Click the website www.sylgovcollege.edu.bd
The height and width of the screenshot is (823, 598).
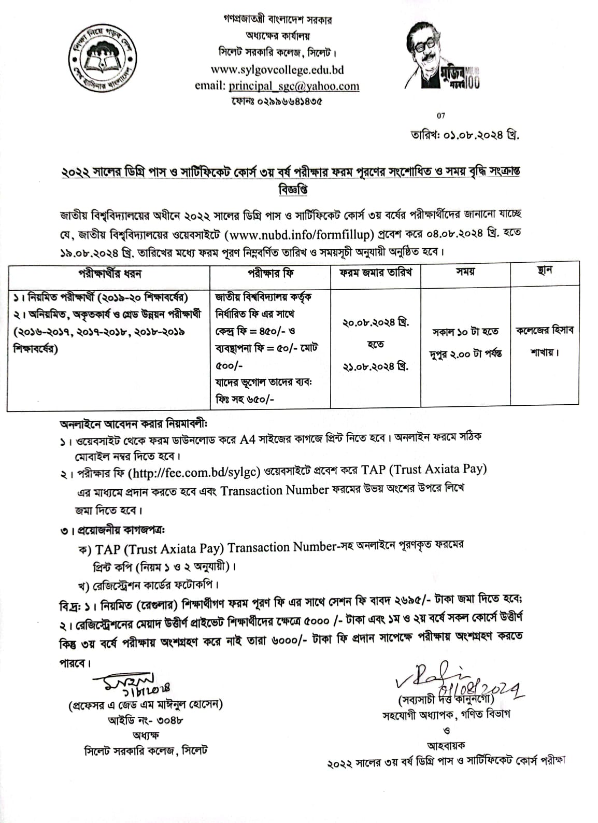pyautogui.click(x=277, y=69)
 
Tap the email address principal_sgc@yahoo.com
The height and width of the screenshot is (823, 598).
pyautogui.click(x=294, y=86)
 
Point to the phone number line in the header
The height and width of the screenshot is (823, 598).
pyautogui.click(x=277, y=102)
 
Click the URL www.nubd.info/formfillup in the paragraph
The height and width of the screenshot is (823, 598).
pyautogui.click(x=301, y=234)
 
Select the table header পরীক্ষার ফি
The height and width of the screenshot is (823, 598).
pyautogui.click(x=270, y=273)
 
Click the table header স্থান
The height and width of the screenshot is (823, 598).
pyautogui.click(x=545, y=271)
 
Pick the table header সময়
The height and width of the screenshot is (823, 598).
pyautogui.click(x=465, y=272)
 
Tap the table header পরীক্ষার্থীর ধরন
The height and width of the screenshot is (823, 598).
pyautogui.click(x=109, y=273)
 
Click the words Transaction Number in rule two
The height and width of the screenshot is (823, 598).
pyautogui.click(x=275, y=490)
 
